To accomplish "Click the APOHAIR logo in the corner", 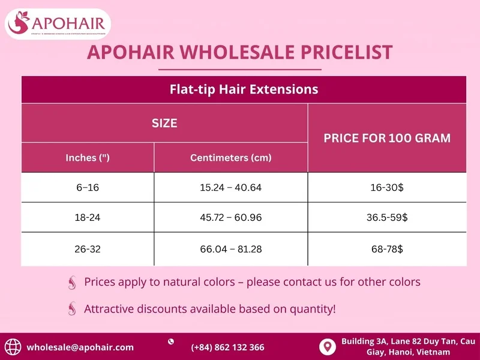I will (x=58, y=24).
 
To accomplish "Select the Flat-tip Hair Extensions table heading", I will (x=244, y=90).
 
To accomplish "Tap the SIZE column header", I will (x=164, y=123).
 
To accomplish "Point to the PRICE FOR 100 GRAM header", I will (x=387, y=138).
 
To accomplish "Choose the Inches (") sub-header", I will (x=88, y=158).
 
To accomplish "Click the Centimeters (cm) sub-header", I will (x=231, y=158).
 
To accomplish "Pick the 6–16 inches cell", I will (x=88, y=188).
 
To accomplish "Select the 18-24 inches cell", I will (x=88, y=218).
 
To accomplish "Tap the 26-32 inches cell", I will (x=88, y=248).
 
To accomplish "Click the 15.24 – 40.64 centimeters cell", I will (x=231, y=188).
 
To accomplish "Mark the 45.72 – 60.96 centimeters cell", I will (x=231, y=218).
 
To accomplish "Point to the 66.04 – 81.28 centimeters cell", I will (x=231, y=248).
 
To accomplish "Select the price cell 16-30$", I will (x=387, y=188).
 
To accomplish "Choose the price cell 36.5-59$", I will (x=387, y=218).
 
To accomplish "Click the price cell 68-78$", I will (x=387, y=248).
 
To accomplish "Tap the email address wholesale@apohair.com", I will (x=80, y=347).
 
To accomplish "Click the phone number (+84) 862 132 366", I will (x=227, y=347).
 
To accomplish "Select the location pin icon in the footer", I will (x=327, y=347).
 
